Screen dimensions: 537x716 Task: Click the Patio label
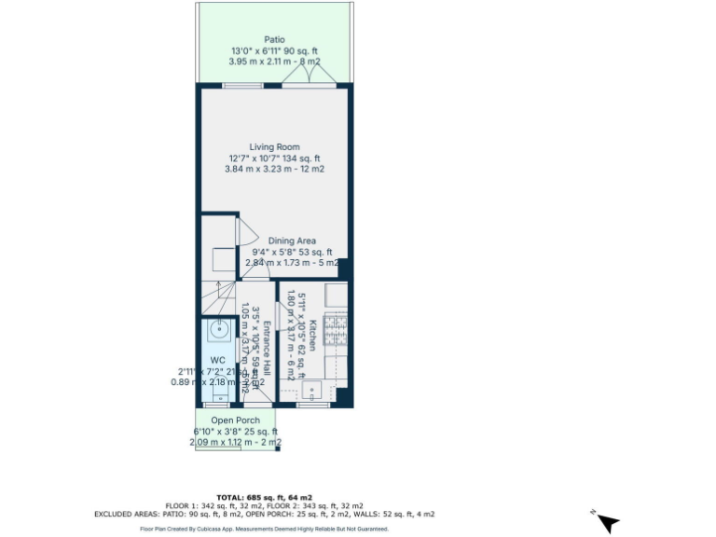274,39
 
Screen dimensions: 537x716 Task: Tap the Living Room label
274,146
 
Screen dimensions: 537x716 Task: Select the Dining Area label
293,241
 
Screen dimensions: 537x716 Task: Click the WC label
217,360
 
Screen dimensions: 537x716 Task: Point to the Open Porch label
235,420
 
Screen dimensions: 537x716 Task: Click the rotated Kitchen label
314,337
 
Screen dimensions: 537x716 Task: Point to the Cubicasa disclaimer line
264,529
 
